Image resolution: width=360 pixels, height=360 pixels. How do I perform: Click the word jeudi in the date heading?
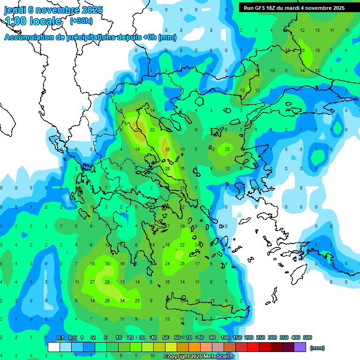click(x=15, y=10)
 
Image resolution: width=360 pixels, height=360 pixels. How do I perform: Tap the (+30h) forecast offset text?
click(x=81, y=21)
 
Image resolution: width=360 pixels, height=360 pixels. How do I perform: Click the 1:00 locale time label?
click(x=33, y=21)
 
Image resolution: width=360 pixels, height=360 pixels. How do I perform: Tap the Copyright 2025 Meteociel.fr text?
click(x=199, y=356)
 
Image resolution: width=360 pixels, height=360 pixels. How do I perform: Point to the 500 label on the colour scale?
click(x=307, y=337)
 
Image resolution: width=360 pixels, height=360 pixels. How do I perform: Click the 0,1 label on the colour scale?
click(x=60, y=337)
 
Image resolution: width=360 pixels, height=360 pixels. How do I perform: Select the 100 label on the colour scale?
click(x=225, y=337)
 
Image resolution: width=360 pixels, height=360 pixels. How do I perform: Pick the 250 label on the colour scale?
click(x=261, y=337)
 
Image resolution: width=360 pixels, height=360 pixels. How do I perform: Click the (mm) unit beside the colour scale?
click(x=317, y=348)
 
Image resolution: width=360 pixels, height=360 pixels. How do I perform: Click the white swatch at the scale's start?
click(x=54, y=347)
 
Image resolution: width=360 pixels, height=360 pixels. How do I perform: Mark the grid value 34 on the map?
click(x=122, y=300)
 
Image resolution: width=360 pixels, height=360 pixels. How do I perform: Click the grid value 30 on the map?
click(x=107, y=264)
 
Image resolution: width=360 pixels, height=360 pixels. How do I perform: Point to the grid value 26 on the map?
click(x=107, y=300)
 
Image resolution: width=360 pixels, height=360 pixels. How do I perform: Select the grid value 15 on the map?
click(x=182, y=169)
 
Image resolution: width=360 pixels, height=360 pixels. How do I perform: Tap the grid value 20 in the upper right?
click(x=302, y=50)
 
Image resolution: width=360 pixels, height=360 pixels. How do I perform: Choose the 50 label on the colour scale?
click(x=165, y=337)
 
